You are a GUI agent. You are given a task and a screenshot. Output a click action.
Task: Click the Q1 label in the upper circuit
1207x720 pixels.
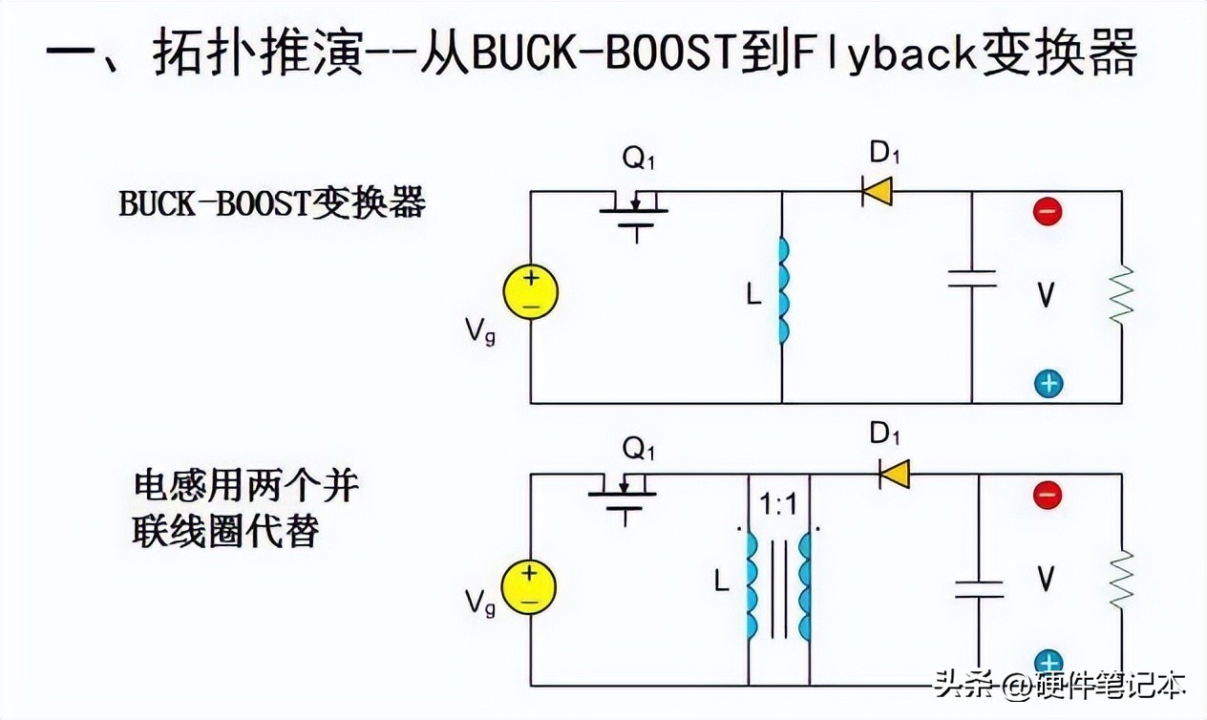[x=639, y=159]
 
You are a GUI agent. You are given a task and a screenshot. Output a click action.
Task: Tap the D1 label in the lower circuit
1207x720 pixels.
[x=884, y=434]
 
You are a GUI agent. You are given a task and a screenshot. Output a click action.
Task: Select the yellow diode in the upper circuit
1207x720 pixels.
[x=877, y=191]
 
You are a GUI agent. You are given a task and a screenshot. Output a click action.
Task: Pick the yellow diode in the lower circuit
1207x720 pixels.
[x=894, y=475]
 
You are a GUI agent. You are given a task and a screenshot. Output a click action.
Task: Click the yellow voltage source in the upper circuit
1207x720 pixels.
[x=530, y=291]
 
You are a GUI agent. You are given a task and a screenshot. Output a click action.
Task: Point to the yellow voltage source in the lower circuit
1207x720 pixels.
[x=529, y=587]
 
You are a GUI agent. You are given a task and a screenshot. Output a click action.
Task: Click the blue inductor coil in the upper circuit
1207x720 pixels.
[x=784, y=291]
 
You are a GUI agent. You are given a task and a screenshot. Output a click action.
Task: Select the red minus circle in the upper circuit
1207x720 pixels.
[x=1048, y=211]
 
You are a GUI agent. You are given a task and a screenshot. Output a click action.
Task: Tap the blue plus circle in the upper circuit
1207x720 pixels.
[x=1048, y=384]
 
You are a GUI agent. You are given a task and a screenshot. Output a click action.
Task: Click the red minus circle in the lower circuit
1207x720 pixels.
[x=1048, y=495]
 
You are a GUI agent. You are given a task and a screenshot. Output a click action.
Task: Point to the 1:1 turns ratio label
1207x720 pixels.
[x=778, y=505]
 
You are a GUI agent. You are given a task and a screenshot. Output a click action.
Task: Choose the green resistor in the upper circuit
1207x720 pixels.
[x=1122, y=295]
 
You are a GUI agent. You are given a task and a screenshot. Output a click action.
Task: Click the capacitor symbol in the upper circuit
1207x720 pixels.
[x=972, y=279]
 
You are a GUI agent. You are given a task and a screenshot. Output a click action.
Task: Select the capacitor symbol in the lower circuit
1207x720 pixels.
[x=979, y=589]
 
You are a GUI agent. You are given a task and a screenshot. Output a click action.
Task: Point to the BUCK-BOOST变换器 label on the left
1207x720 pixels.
[x=272, y=203]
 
